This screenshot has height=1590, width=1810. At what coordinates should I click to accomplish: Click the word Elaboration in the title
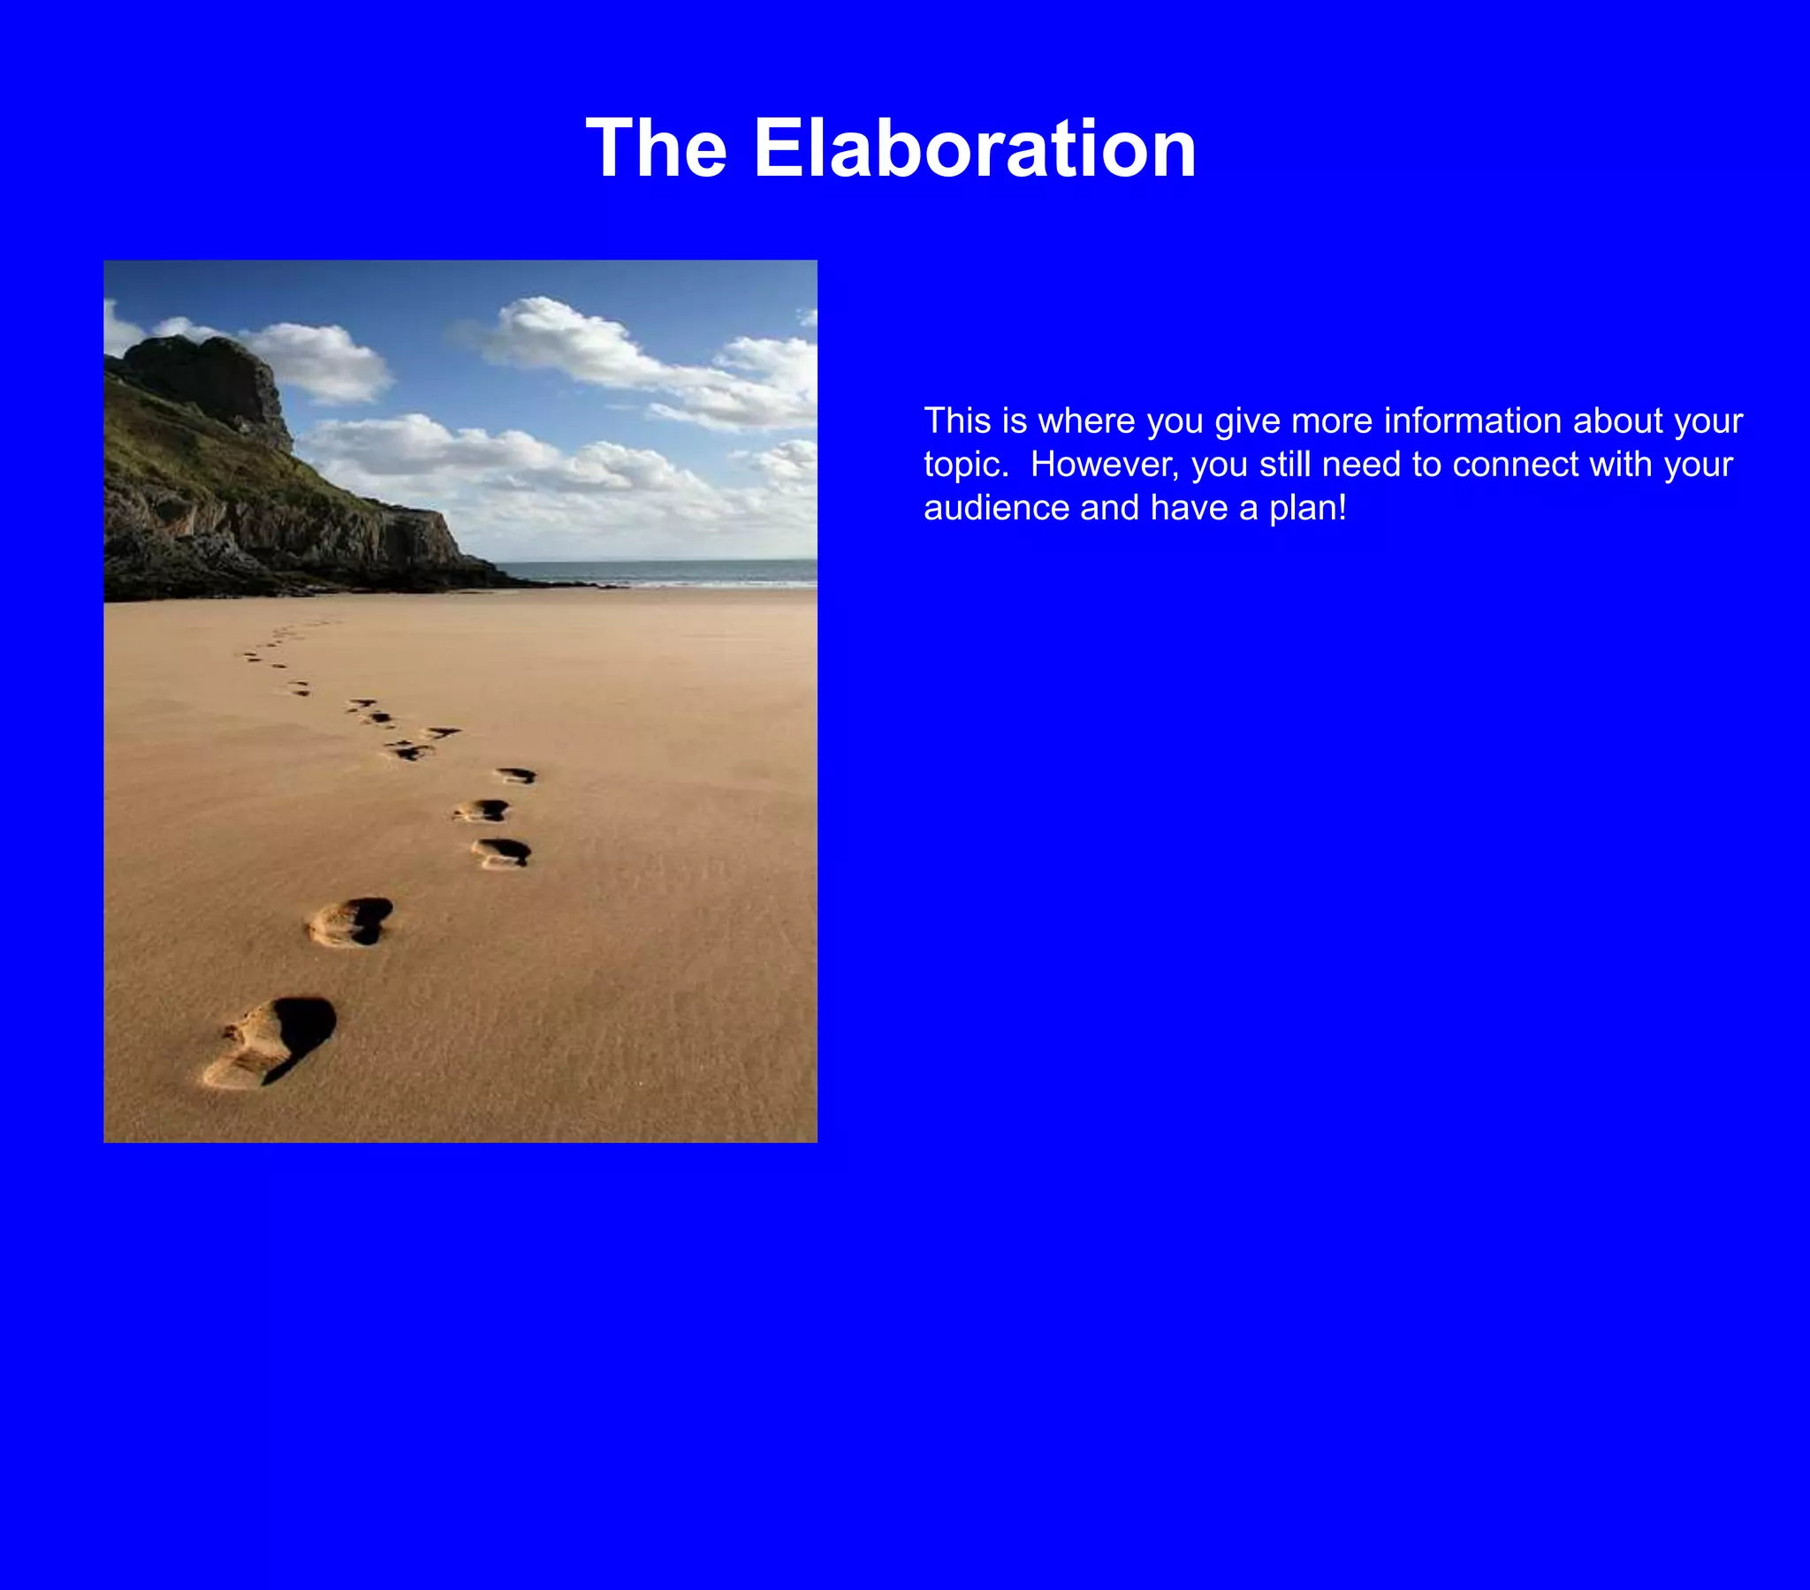coord(974,148)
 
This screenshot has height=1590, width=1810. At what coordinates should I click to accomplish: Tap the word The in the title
coord(656,148)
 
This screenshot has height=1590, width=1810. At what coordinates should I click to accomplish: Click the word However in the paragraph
coord(1104,465)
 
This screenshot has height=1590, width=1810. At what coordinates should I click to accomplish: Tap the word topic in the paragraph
coord(963,466)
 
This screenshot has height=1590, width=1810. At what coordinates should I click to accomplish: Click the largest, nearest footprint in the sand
coord(270,1042)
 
